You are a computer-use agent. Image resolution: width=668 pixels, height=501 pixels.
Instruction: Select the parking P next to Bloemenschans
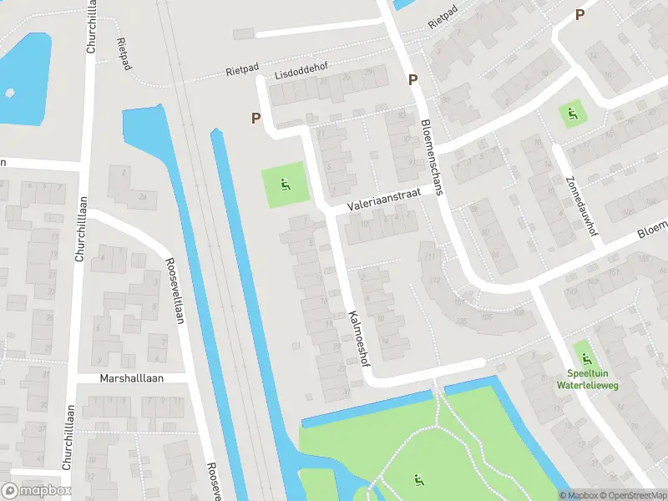(x=412, y=80)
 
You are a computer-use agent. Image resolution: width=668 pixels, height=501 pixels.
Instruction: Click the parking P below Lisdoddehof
(x=256, y=119)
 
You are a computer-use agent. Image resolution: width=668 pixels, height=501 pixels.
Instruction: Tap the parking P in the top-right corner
(x=579, y=14)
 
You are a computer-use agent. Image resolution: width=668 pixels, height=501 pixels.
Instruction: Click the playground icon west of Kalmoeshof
(x=285, y=185)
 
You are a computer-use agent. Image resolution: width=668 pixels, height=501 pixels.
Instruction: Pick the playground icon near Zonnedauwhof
(x=572, y=113)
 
